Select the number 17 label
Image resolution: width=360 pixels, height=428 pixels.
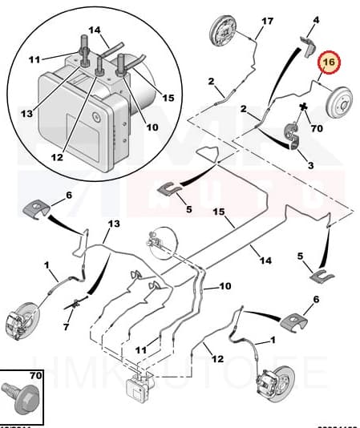[268, 21]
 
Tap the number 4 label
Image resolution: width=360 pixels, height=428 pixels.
[316, 19]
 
